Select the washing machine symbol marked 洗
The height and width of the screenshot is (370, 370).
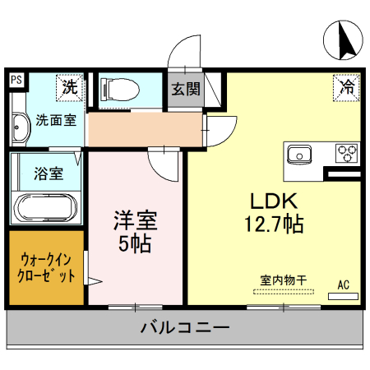tap(71, 86)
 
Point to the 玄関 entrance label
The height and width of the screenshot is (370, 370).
tap(185, 90)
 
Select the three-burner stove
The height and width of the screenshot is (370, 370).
tap(346, 153)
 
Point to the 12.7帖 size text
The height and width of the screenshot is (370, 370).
tap(268, 223)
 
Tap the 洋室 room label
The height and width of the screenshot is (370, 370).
tap(136, 220)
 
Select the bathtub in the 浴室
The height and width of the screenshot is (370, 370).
tap(47, 209)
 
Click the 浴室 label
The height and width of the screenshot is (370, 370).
tap(48, 173)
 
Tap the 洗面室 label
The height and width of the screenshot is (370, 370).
tap(56, 120)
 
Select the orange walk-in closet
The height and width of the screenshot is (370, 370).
tap(46, 268)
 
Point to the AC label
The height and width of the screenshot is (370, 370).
tap(343, 284)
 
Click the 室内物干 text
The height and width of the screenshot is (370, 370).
tap(283, 280)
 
